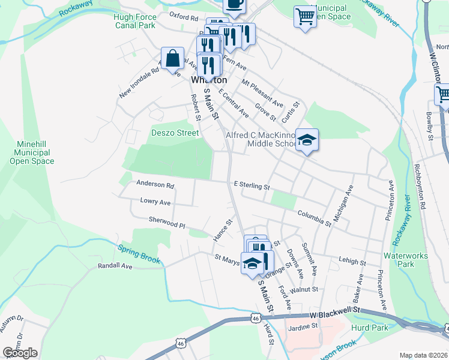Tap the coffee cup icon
pyautogui.click(x=234, y=5)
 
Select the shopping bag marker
pyautogui.click(x=173, y=59)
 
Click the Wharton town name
pyautogui.click(x=209, y=80)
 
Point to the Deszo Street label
pyautogui.click(x=175, y=133)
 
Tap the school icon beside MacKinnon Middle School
pyautogui.click(x=307, y=141)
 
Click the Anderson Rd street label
pyautogui.click(x=155, y=185)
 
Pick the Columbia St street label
pyautogui.click(x=314, y=218)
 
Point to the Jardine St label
pyautogui.click(x=302, y=327)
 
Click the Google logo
pyautogui.click(x=20, y=352)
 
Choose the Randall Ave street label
pyautogui.click(x=114, y=265)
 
